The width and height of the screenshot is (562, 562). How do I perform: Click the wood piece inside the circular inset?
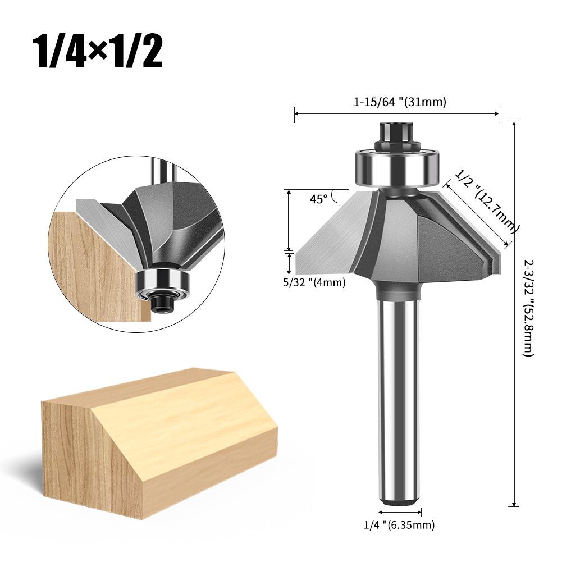(x=93, y=264)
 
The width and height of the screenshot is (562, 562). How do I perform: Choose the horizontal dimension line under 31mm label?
(x=396, y=114)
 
